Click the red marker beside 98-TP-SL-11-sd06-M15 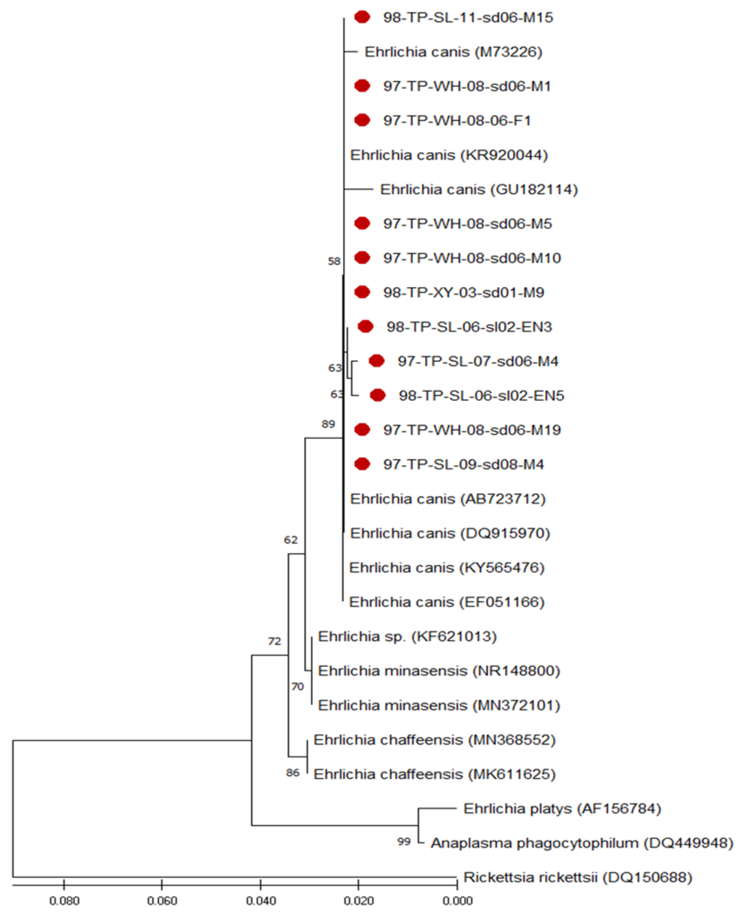click(362, 17)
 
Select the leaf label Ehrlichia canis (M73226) click(453, 52)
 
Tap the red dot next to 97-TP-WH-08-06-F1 click(362, 120)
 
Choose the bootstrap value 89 click(328, 424)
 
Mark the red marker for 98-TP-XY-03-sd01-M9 click(362, 292)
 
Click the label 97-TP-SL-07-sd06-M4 click(478, 361)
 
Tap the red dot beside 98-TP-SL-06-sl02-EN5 click(378, 395)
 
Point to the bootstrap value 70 click(297, 686)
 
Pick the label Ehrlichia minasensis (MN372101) click(439, 705)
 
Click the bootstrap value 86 click(293, 773)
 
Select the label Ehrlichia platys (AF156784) click(562, 809)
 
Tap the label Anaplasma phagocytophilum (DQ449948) click(582, 843)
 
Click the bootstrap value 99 click(404, 842)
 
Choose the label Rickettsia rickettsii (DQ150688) click(578, 877)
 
